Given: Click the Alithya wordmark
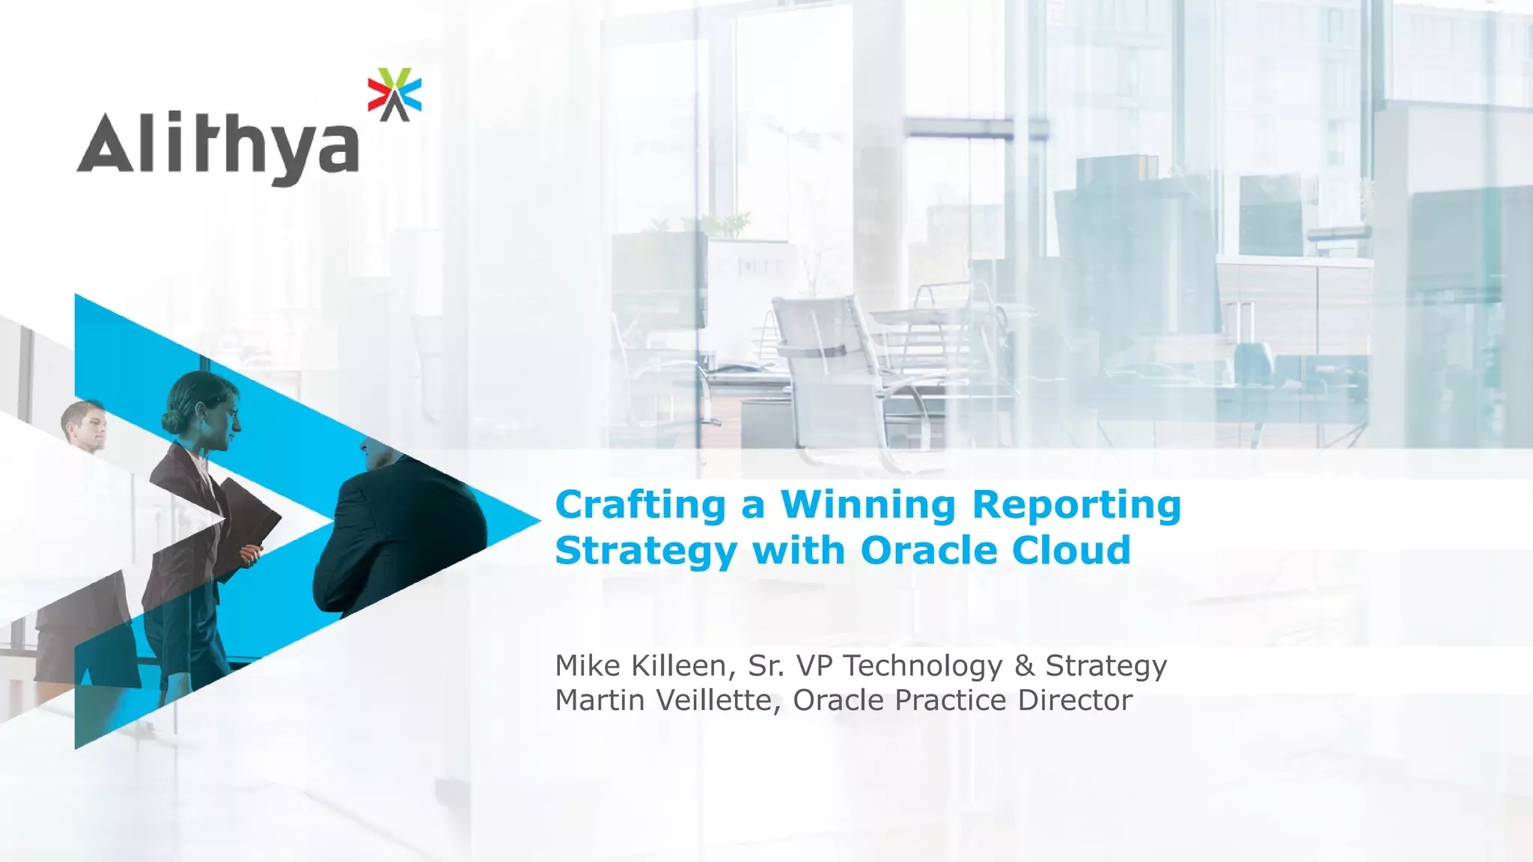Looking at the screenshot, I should click(x=217, y=146).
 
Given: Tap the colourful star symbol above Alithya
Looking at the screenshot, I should click(x=394, y=94).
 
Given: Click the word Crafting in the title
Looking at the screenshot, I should click(x=640, y=505).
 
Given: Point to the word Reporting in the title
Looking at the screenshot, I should click(x=1076, y=507).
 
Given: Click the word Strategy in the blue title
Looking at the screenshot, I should click(x=646, y=552).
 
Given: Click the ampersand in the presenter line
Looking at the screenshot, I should click(x=1024, y=665).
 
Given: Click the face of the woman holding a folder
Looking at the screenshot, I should click(x=224, y=422).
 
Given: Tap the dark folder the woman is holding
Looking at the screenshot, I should click(x=247, y=520).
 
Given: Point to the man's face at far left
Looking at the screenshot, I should click(x=91, y=428).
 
